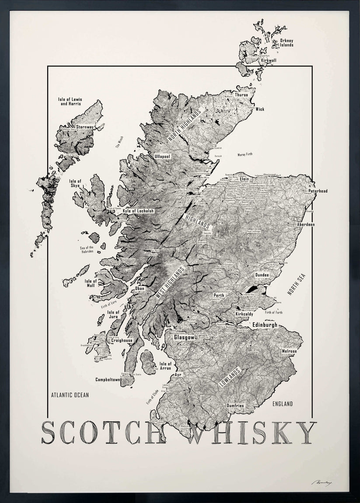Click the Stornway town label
point(82,127)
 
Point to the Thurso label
point(241,95)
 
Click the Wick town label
point(260,109)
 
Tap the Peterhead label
point(318,191)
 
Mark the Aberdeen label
point(306,224)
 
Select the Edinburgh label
point(265,325)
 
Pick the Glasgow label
point(184,337)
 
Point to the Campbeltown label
point(108,380)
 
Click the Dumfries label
point(235,405)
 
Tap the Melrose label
point(289,351)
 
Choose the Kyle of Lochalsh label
point(138,211)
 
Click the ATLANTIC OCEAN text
point(70,395)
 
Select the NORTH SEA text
point(296,284)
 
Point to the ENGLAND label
point(282,404)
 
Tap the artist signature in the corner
point(322,482)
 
